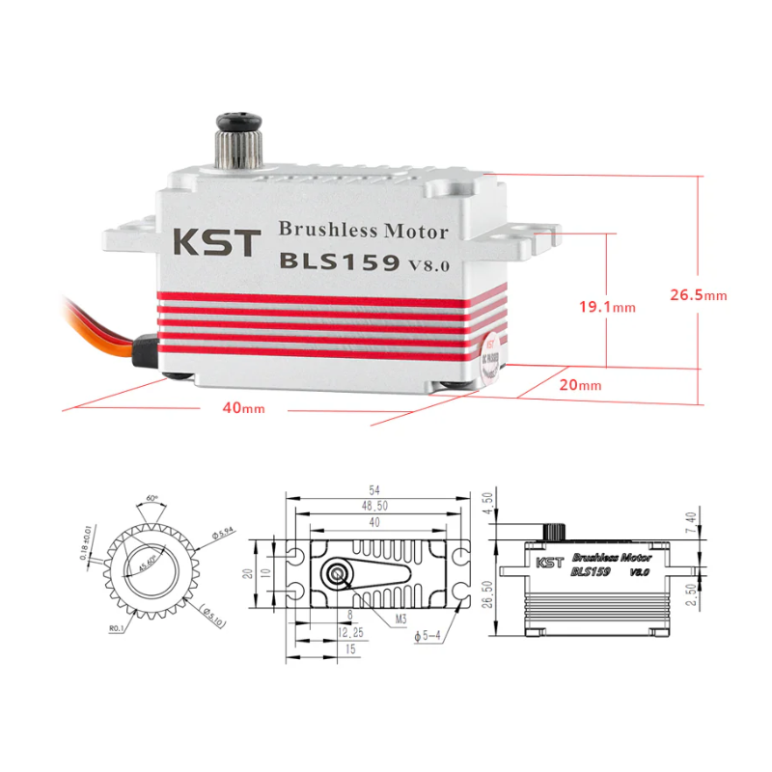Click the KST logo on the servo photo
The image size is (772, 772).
tap(216, 241)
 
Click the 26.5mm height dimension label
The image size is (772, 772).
tap(698, 294)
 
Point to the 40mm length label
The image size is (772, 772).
tap(243, 407)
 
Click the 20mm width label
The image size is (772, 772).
tap(581, 385)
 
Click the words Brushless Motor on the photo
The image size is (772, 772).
tap(363, 231)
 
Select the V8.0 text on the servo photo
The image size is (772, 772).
tap(428, 265)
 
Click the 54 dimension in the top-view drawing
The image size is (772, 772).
tap(373, 490)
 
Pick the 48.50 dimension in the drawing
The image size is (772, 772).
tap(373, 506)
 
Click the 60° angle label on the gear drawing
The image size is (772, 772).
tap(152, 499)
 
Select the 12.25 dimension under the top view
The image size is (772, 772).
tap(349, 633)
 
